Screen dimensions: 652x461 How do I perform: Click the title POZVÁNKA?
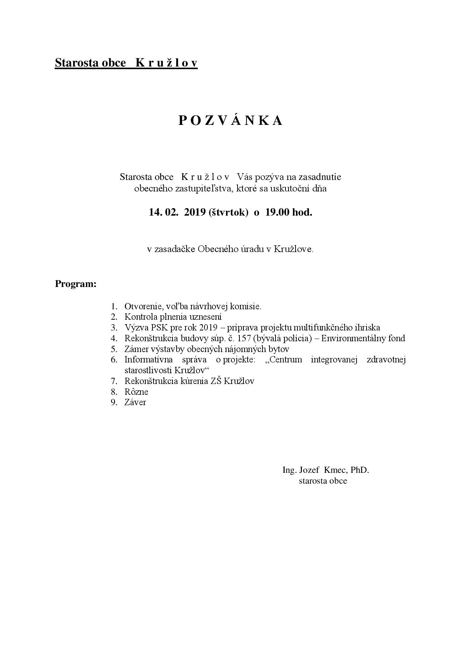pos(230,120)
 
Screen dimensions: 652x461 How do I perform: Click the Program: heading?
pos(75,284)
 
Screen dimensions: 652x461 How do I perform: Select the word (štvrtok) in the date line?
pos(228,213)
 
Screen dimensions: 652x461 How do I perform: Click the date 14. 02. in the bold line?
pos(162,212)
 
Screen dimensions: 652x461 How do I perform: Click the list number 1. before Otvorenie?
pos(114,307)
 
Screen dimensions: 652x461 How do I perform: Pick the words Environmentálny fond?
pos(363,338)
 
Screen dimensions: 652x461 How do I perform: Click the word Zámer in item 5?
pos(136,349)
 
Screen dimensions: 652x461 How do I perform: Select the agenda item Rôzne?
pos(136,392)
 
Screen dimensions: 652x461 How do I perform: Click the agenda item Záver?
pos(135,402)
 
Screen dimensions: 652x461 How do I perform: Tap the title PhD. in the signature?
pos(360,470)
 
